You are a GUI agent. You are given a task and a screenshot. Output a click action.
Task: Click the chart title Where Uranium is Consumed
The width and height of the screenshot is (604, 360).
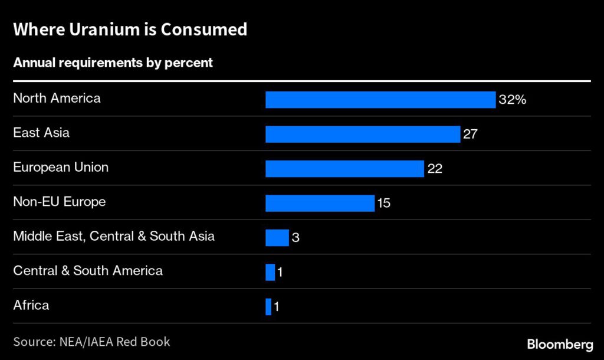point(130,30)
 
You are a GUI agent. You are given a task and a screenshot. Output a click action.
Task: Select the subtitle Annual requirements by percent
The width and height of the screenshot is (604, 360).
point(113,63)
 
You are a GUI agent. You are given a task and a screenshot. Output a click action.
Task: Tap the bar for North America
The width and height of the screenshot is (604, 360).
point(380,100)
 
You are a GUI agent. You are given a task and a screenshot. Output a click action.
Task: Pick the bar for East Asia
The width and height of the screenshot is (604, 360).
point(362,134)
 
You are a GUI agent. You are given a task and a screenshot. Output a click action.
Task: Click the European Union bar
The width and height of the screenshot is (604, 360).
point(344,169)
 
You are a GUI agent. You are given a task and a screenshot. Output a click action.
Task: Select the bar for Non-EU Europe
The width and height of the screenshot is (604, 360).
point(320,203)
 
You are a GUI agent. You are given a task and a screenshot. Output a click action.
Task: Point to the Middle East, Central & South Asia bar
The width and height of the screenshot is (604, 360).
point(277,238)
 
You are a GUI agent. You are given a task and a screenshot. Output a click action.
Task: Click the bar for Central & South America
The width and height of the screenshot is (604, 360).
point(270,272)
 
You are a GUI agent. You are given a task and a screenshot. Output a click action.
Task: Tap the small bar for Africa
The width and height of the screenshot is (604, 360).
point(268,307)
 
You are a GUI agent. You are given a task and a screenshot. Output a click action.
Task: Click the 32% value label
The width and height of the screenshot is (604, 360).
point(512,100)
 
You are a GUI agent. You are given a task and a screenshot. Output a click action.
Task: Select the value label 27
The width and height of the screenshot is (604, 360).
point(470,134)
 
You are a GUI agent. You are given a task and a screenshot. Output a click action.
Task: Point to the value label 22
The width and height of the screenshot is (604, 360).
point(435,169)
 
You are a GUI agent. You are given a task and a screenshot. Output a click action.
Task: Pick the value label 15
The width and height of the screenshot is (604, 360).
point(383,203)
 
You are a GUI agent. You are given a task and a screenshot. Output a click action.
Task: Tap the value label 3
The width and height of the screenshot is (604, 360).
point(295,238)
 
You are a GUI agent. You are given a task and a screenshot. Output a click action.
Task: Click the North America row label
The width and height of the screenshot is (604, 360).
point(57,98)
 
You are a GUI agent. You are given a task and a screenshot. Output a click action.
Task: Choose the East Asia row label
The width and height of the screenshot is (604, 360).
point(41,132)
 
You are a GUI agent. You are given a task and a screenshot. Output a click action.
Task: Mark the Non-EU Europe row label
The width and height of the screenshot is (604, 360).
point(60,201)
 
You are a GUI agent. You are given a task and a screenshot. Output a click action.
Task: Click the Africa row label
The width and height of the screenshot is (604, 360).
point(31,305)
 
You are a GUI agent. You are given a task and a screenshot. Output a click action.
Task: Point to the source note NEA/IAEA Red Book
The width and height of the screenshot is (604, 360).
point(91,341)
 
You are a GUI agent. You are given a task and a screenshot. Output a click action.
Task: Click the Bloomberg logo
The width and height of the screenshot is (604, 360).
point(559,343)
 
